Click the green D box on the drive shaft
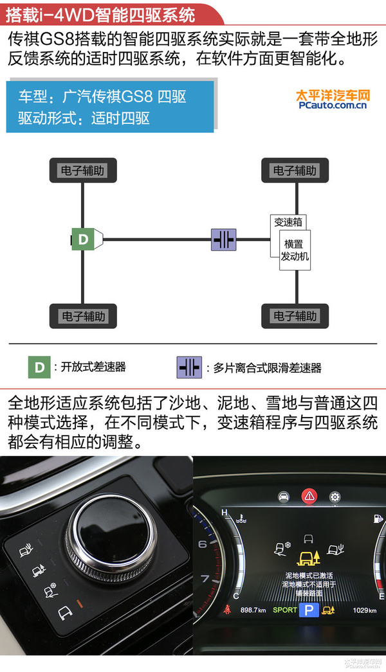(83, 240)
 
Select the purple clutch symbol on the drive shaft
(224, 240)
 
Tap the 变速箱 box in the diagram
(288, 222)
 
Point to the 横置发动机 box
(295, 251)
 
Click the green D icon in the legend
(39, 367)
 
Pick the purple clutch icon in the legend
(188, 367)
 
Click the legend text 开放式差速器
(93, 367)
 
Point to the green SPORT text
(285, 610)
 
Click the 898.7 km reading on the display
(253, 610)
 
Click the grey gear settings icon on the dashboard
(335, 496)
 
